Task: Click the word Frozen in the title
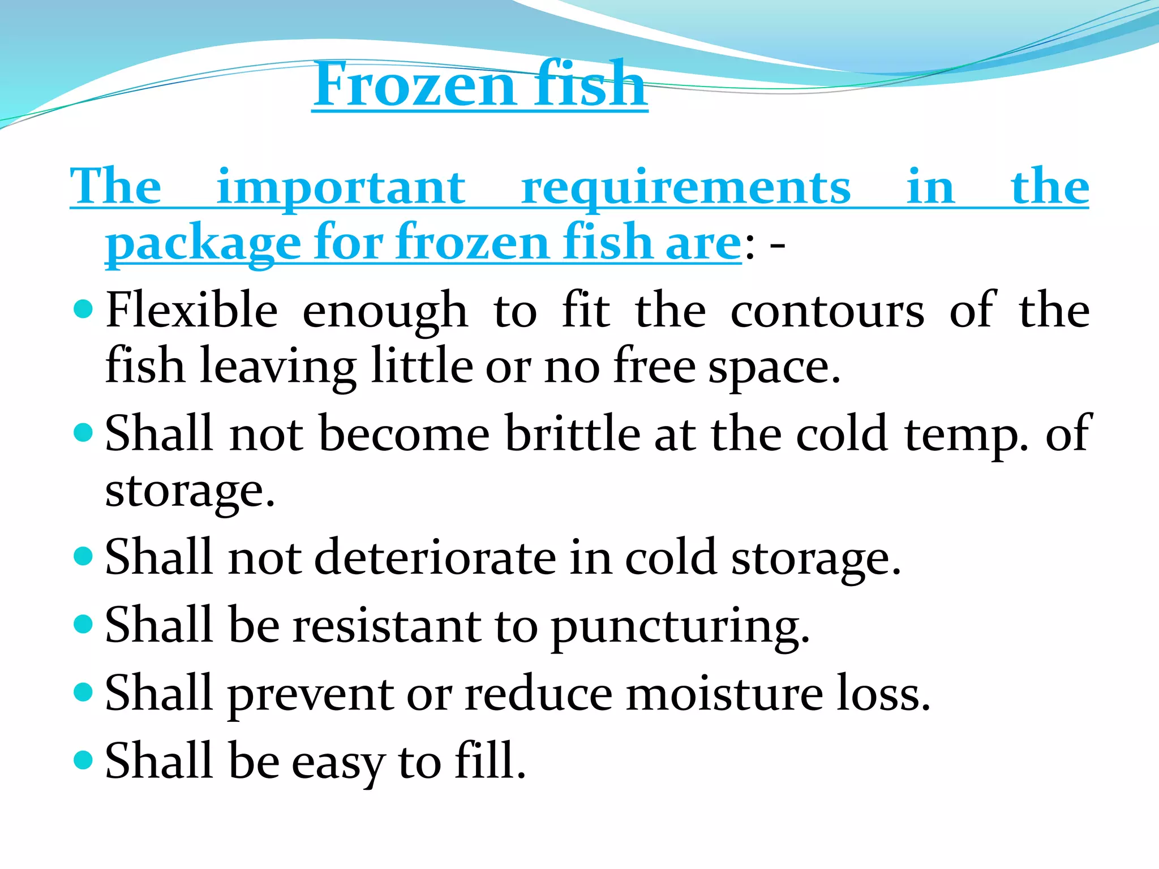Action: [x=414, y=85]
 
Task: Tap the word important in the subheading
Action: [x=341, y=188]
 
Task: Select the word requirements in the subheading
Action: [x=686, y=188]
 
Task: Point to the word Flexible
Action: [x=192, y=310]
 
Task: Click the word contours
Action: [x=827, y=310]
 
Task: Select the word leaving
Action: [x=278, y=367]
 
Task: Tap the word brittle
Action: [x=573, y=433]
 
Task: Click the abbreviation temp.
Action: [x=966, y=434]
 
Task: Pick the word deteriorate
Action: [x=435, y=557]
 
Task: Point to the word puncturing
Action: [x=680, y=626]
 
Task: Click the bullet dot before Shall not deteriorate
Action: [x=83, y=556]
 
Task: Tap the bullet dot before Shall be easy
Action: [x=83, y=759]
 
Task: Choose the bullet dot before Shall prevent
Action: [x=83, y=691]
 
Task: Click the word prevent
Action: [x=311, y=694]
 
